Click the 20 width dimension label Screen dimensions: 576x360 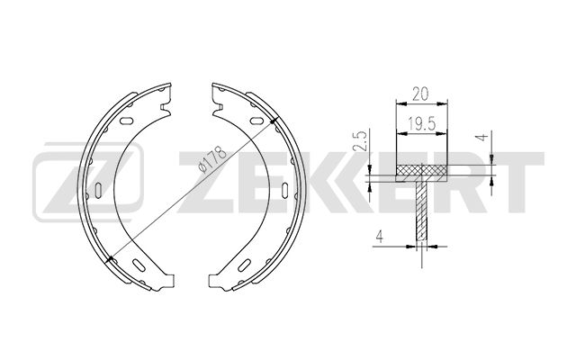point(420,94)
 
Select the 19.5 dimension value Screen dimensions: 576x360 point(421,124)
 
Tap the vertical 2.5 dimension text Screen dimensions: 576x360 point(362,141)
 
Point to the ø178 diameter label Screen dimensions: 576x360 point(212,159)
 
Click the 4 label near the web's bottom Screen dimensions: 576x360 point(380,236)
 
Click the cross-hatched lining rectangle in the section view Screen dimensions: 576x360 point(422,170)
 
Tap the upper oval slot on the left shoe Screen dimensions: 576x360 point(126,120)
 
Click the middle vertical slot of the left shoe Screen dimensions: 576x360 point(98,190)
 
